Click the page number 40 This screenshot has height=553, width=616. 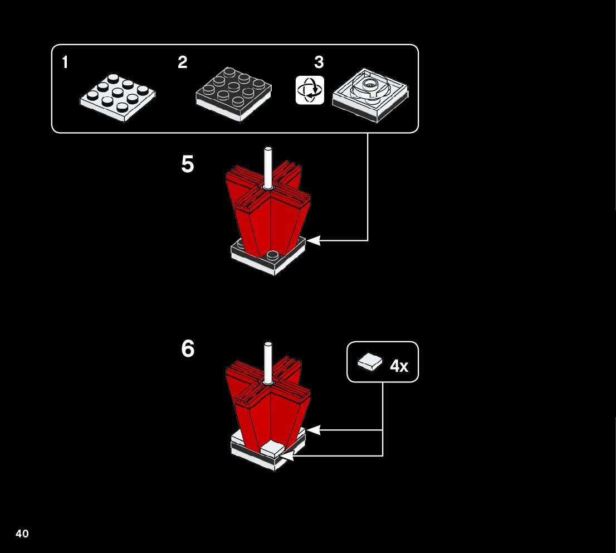click(22, 534)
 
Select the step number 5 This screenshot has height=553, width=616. click(188, 165)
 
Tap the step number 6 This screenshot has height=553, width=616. click(188, 350)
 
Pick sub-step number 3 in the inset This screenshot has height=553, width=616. click(319, 62)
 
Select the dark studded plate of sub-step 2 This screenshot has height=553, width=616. click(234, 93)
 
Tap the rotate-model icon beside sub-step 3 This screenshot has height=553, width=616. click(310, 90)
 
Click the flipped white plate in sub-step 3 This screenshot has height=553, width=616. click(370, 94)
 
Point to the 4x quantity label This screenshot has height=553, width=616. click(399, 366)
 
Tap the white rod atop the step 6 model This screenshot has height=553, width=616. click(268, 362)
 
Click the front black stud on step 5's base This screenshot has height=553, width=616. click(272, 256)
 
